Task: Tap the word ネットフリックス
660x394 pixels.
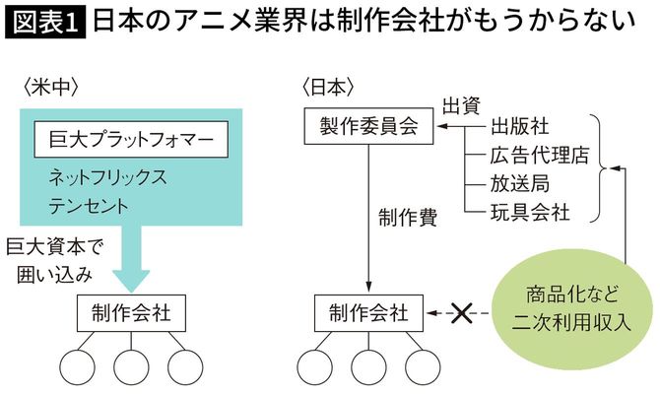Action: click(108, 179)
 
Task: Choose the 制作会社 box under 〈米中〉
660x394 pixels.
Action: click(131, 314)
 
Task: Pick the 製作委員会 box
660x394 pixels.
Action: click(368, 126)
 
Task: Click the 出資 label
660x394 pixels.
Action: click(461, 103)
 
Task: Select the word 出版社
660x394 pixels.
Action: click(520, 127)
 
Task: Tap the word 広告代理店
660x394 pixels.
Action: click(539, 155)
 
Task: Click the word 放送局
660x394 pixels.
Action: click(520, 183)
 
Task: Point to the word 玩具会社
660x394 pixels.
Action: click(530, 211)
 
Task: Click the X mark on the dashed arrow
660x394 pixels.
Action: click(460, 314)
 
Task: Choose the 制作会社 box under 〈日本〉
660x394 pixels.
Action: click(368, 314)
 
